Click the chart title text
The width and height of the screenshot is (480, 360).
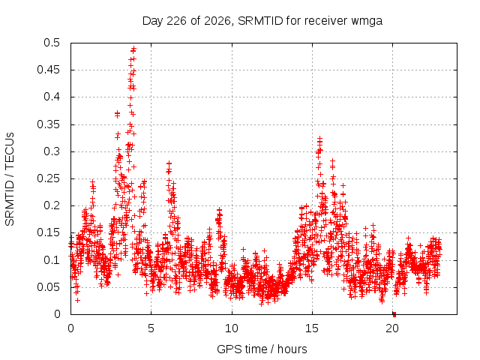[x=262, y=21]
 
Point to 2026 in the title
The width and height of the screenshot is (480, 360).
[x=217, y=21]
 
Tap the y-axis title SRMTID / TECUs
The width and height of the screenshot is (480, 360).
[x=10, y=179]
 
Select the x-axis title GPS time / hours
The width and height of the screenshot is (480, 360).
[x=262, y=349]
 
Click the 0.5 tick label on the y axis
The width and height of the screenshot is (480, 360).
[x=52, y=43]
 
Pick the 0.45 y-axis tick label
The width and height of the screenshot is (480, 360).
[x=48, y=70]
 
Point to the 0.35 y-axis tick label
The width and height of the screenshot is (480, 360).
[x=48, y=124]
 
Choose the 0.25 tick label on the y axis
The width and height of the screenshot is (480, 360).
[x=48, y=178]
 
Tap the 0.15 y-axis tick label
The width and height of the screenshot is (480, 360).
[x=48, y=232]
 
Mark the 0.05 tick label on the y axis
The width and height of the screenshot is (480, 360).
[x=48, y=287]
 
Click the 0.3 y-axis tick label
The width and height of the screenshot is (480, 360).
[x=52, y=151]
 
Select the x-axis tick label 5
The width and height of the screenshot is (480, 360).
[x=151, y=328]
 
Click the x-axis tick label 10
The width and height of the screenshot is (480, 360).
[x=232, y=328]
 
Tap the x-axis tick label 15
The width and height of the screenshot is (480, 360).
[x=312, y=328]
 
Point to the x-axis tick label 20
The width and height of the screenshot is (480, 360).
[x=392, y=328]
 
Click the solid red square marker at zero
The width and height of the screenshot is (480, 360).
[x=394, y=314]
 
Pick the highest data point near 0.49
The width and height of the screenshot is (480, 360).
[x=133, y=49]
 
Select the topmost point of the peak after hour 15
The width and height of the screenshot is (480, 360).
[x=320, y=138]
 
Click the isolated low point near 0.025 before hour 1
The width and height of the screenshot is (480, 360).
[x=78, y=300]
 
